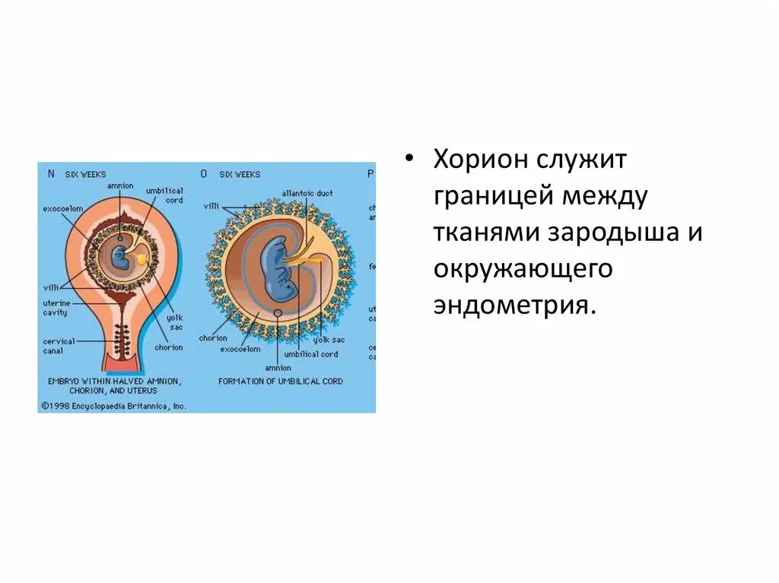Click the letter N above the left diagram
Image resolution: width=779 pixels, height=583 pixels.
click(51, 173)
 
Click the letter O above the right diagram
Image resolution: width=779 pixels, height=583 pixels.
click(203, 173)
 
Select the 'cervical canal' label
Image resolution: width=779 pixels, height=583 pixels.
click(59, 346)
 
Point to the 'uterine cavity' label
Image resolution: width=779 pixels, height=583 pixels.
click(55, 308)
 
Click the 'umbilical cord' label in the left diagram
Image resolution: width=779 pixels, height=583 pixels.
click(165, 195)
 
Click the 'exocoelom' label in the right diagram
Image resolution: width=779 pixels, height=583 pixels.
click(240, 349)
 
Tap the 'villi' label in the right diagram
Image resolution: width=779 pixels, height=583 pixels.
click(211, 206)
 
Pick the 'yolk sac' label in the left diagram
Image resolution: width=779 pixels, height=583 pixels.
click(175, 322)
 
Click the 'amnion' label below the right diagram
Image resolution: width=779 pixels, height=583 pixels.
click(278, 367)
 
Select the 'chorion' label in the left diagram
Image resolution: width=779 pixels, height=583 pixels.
click(168, 347)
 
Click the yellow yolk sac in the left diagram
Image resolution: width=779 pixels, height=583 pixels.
click(141, 259)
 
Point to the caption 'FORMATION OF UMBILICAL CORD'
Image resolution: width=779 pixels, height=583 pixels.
click(281, 381)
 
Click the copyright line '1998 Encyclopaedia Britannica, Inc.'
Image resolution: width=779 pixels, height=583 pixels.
click(114, 406)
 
